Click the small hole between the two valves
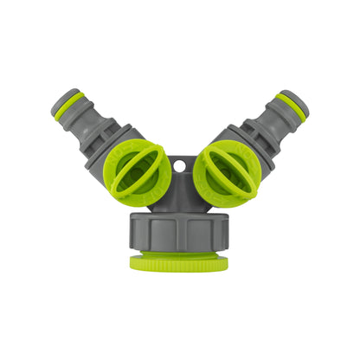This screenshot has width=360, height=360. click(179, 164)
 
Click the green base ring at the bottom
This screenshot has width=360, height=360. click(179, 262)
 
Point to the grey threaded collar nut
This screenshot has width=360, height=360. click(179, 231)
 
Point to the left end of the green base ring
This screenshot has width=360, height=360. click(134, 262)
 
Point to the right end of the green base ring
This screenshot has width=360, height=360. click(225, 262)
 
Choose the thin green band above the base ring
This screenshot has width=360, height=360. click(179, 252)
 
